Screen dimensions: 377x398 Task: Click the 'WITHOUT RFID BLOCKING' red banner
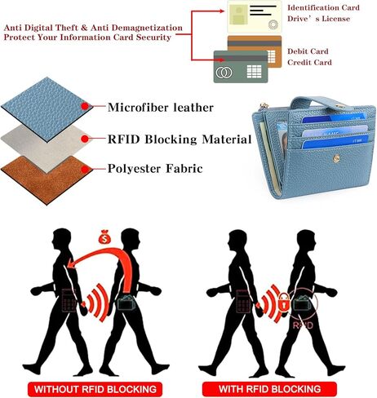click(95, 389)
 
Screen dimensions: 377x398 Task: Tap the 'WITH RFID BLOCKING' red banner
click(269, 389)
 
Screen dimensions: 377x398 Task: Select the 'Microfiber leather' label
click(161, 108)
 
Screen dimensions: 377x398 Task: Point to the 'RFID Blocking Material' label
click(180, 139)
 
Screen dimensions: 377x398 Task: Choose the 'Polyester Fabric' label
click(155, 169)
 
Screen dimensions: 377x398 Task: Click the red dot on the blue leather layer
click(85, 106)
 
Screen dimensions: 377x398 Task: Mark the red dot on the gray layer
click(85, 139)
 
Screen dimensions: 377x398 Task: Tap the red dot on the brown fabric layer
click(85, 170)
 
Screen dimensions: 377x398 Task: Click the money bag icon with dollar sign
click(104, 237)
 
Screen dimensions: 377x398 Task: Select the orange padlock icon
click(284, 302)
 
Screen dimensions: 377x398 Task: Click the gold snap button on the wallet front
click(336, 158)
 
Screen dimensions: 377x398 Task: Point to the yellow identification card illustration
click(254, 16)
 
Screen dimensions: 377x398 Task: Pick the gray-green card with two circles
click(241, 67)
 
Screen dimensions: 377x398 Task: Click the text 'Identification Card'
click(323, 7)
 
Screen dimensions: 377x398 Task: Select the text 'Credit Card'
click(309, 62)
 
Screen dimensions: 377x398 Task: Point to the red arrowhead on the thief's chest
click(71, 263)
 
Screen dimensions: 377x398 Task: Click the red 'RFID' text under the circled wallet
click(303, 325)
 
